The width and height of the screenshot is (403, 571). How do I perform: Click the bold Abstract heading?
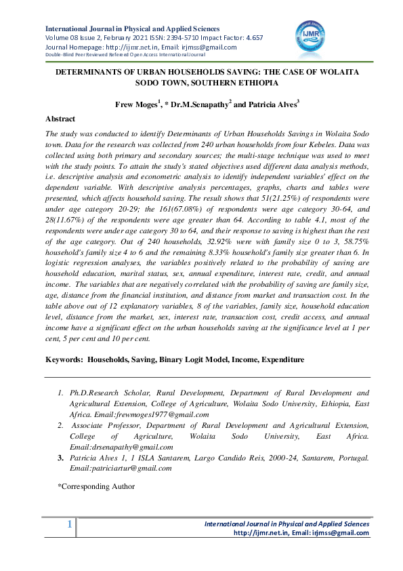pyautogui.click(x=60, y=119)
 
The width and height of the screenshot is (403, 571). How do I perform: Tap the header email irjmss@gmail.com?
pyautogui.click(x=215, y=47)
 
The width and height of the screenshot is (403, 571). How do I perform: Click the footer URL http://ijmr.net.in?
pyautogui.click(x=261, y=533)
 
